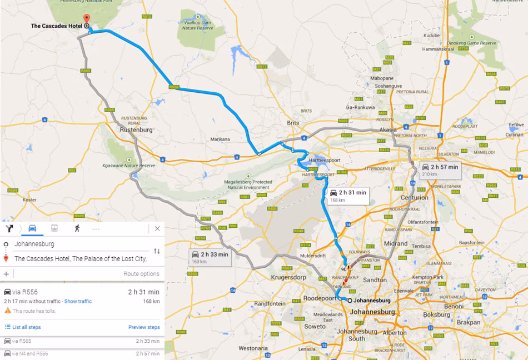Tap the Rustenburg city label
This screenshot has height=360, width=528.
(136, 129)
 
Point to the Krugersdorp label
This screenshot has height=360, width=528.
(288, 277)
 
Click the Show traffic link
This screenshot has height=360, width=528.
(78, 301)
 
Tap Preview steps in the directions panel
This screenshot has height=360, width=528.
(144, 327)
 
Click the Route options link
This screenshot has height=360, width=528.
(141, 274)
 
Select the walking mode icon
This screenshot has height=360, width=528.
(76, 228)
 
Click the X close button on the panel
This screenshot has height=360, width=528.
(157, 228)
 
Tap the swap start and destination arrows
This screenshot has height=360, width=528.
(157, 251)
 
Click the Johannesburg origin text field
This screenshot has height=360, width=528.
(78, 244)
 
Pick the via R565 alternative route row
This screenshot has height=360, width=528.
(82, 341)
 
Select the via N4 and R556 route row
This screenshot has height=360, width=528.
(82, 353)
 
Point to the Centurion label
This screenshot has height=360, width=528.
(415, 197)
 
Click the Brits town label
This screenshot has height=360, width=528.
(293, 123)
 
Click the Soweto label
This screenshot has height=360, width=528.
(315, 326)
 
